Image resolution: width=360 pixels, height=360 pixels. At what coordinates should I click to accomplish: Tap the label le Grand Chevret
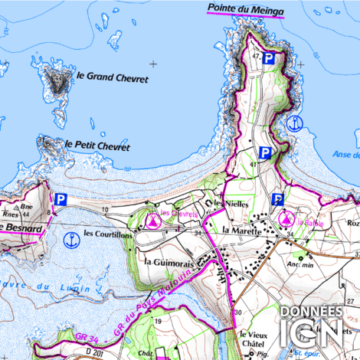112,77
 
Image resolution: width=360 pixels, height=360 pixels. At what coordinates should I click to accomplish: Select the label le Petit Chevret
97,146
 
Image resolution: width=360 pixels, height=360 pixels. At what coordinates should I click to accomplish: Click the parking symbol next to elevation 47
269,58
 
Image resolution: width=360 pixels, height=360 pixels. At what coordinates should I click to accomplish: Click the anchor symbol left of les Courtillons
70,238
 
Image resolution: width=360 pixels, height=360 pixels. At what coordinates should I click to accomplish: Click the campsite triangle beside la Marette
288,219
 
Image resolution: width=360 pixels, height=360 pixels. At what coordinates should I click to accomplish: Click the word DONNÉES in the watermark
311,312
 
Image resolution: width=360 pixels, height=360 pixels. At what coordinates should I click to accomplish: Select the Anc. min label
301,264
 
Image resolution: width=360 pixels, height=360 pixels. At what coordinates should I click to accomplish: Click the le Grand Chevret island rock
56,78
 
